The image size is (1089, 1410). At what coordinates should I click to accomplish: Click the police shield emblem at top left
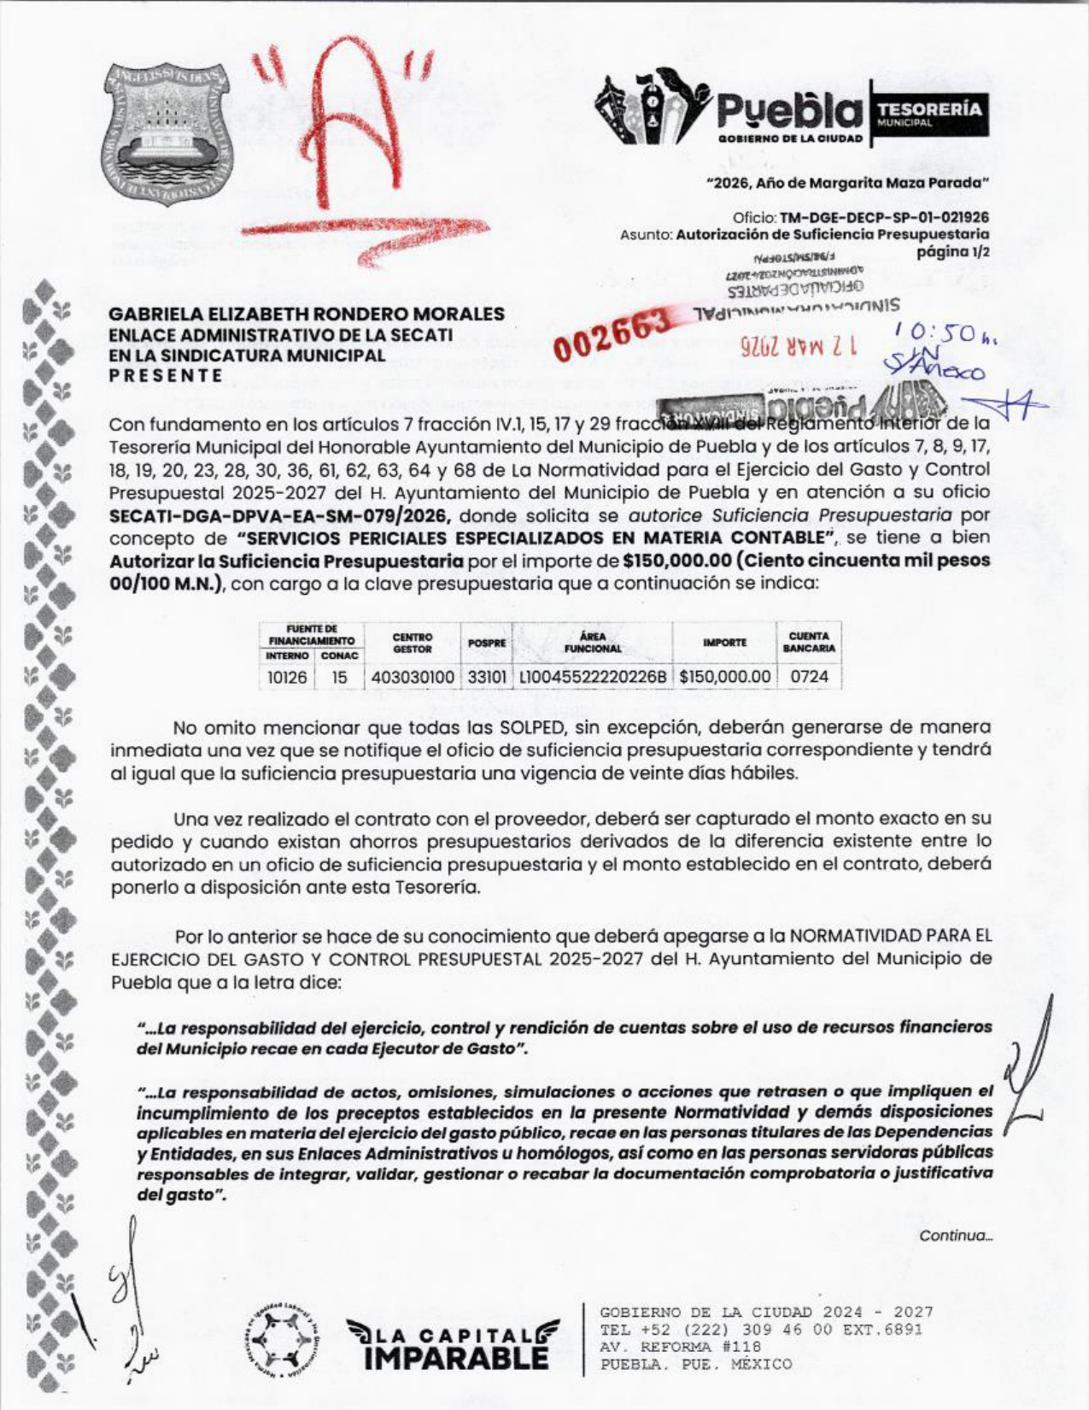pos(169,136)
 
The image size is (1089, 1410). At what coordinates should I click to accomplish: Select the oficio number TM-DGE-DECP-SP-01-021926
pos(885,217)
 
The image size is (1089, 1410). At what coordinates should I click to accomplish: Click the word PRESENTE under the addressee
pos(167,375)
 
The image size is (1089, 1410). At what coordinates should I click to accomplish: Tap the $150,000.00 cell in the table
pos(724,677)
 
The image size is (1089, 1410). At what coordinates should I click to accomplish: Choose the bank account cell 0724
pos(809,677)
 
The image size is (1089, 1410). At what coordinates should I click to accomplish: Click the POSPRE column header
pos(487,643)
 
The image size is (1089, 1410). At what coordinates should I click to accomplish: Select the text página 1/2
pos(952,251)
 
